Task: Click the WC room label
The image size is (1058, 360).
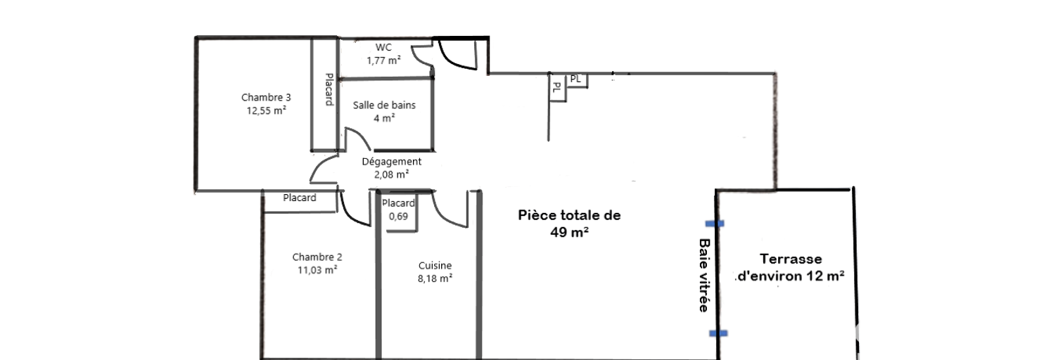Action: pos(383,47)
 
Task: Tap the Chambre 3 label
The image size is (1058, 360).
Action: pos(266,97)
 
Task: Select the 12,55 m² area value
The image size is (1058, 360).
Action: pos(267,110)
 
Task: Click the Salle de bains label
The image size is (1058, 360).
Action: pos(384,105)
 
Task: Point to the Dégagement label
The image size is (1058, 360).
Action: pos(392,161)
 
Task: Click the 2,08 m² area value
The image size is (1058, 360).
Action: pos(392,174)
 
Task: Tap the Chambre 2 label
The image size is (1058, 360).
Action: pos(317,257)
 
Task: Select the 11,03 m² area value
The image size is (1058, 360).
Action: pos(317,270)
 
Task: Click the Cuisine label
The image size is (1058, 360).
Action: pos(435,266)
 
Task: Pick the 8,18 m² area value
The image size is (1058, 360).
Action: pos(435,278)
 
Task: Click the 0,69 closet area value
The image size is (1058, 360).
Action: pos(398,216)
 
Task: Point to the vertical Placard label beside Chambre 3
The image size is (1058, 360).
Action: pos(329,89)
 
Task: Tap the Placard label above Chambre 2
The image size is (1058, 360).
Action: pos(300,198)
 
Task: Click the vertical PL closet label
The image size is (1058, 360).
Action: pos(557,87)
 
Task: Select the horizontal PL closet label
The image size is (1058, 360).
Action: pos(575,79)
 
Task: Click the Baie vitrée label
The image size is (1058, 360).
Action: pos(704,275)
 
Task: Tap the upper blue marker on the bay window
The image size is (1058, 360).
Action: pos(715,224)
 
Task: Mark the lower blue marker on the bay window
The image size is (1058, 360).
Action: pos(718,333)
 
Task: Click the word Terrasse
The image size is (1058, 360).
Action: pos(791,259)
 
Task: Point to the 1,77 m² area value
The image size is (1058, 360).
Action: pos(383,60)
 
